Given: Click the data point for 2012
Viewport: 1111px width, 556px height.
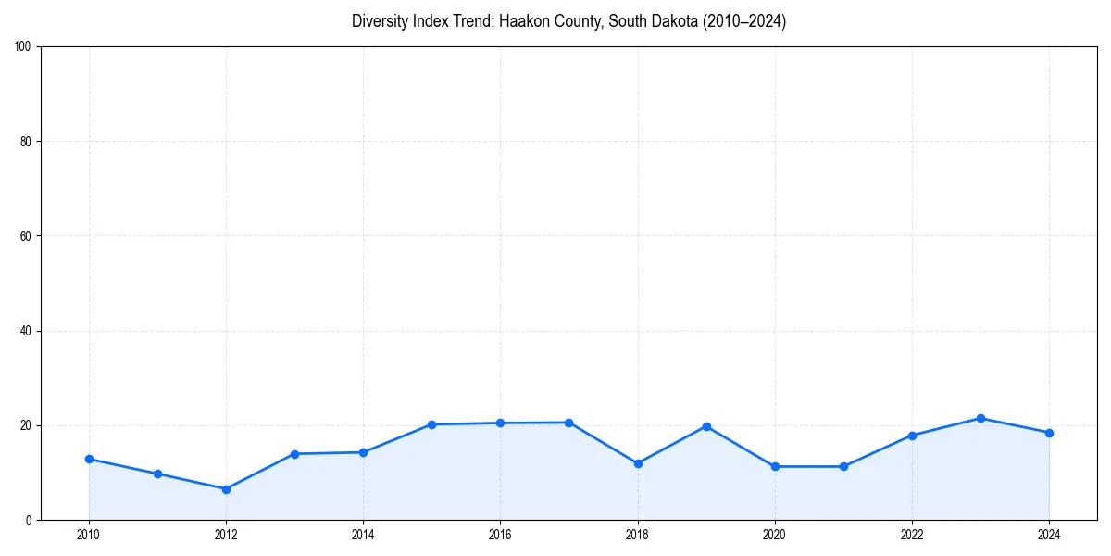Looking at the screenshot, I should [226, 489].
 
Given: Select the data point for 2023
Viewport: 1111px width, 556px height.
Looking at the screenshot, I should [980, 418].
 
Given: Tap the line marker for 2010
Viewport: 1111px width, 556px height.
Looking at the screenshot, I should [89, 459].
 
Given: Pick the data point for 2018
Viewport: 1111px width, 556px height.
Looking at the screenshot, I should [638, 463].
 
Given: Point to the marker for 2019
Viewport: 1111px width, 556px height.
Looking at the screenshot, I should [706, 426].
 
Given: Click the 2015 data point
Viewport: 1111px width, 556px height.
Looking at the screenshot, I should [431, 424].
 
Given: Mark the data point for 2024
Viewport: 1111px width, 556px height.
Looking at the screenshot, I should [1049, 433].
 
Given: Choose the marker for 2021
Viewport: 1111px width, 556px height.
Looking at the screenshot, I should [843, 466].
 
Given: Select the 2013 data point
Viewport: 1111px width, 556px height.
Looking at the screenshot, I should [294, 454].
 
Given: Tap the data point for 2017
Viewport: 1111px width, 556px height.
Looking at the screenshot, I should [568, 423].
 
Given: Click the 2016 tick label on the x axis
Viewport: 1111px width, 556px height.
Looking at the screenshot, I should [500, 534].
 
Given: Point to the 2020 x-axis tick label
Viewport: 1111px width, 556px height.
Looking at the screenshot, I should [775, 534].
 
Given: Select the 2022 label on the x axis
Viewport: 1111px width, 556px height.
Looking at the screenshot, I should [912, 534].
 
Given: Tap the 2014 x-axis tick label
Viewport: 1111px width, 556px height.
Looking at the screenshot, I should [363, 534].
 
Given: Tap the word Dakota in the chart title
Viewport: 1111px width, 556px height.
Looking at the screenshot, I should [656, 21].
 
